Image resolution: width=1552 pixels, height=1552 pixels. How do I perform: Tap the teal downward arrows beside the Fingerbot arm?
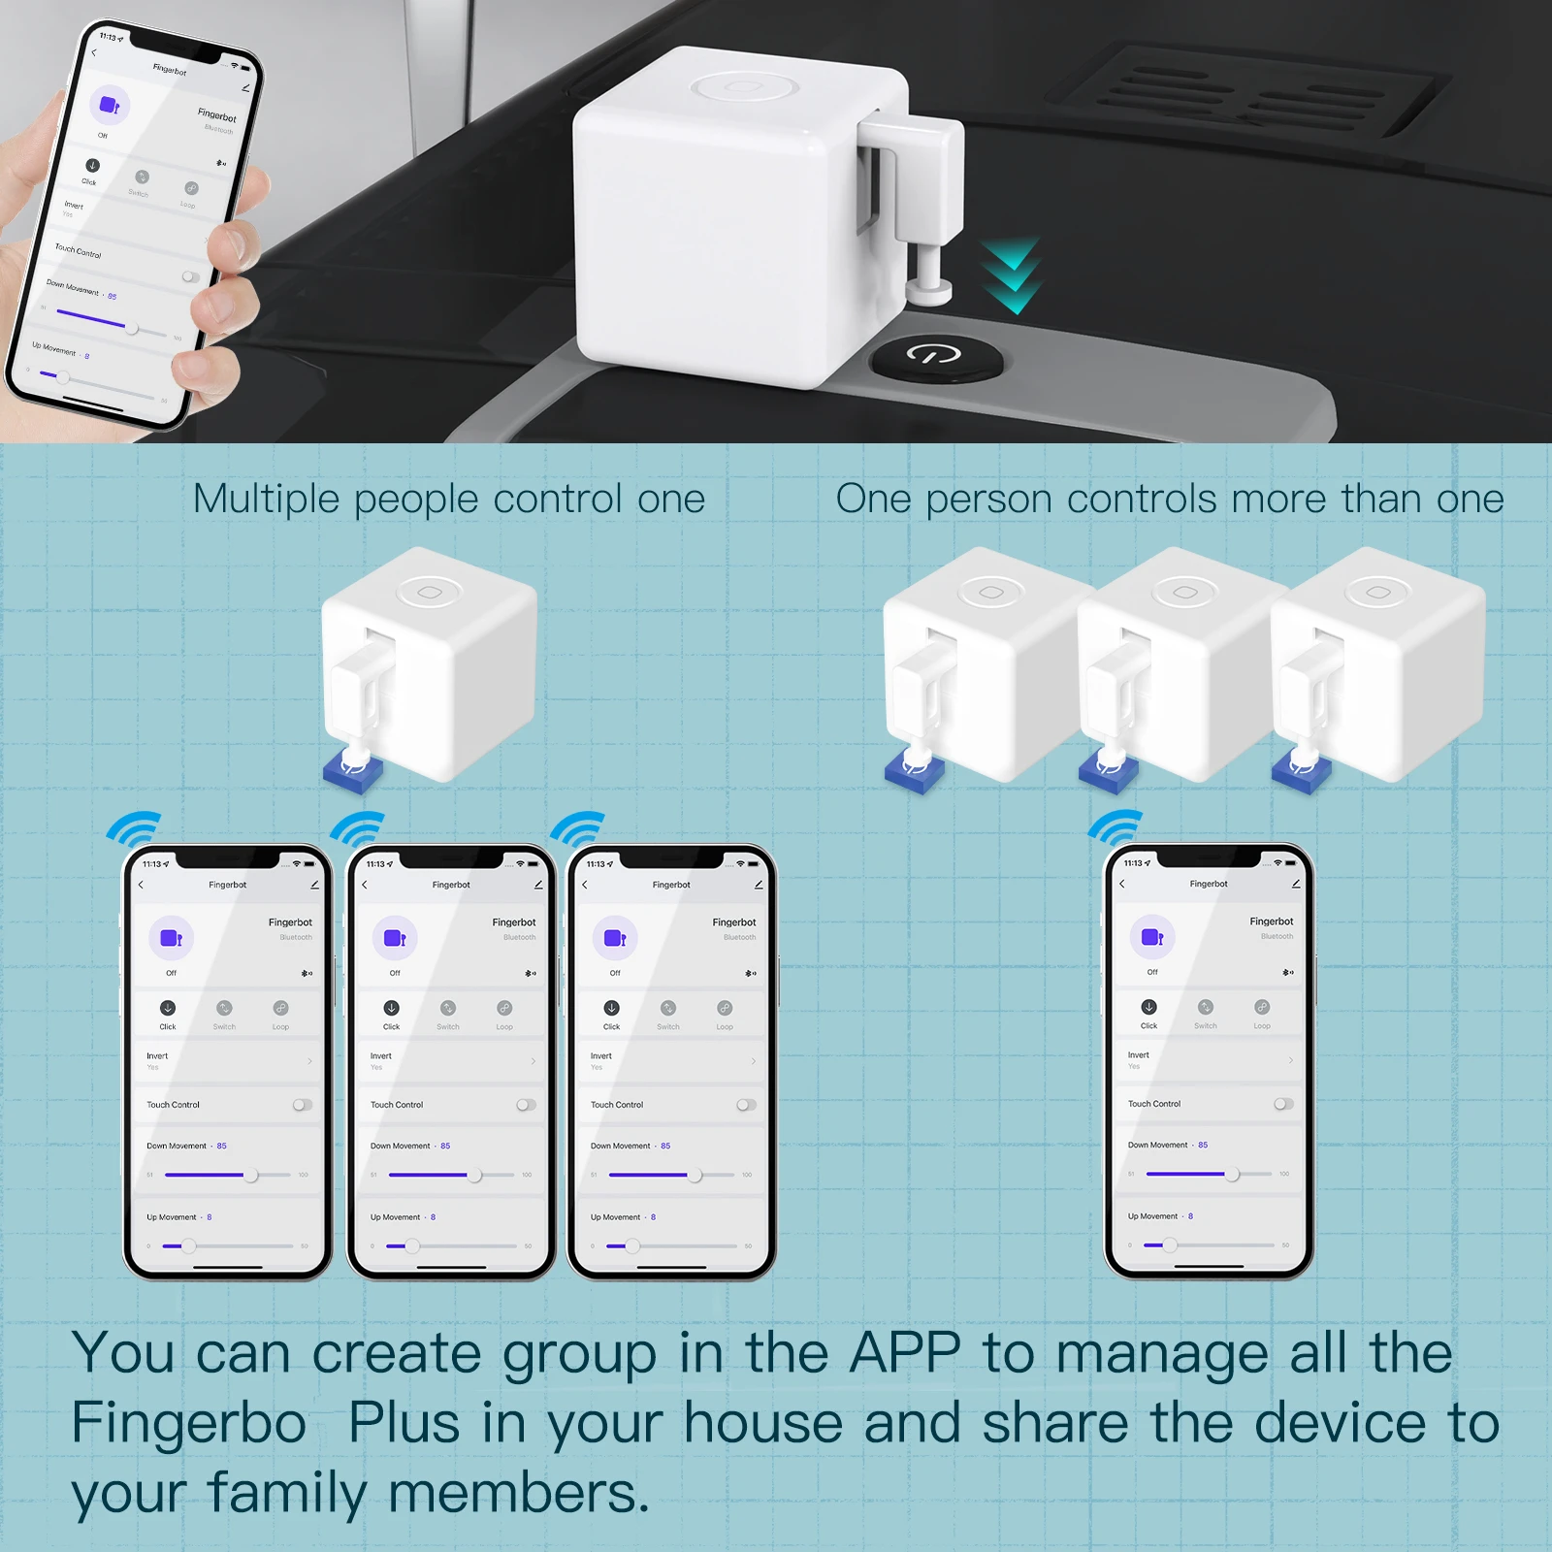click(1011, 275)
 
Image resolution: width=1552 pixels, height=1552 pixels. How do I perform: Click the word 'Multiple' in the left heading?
click(266, 501)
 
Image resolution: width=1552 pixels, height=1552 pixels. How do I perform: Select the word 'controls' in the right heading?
click(1141, 501)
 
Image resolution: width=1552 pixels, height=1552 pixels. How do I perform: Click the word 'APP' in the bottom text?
click(904, 1354)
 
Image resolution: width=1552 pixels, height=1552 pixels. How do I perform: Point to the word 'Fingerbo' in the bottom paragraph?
click(188, 1424)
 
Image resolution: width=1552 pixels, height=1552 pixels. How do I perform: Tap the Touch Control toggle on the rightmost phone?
click(1282, 1104)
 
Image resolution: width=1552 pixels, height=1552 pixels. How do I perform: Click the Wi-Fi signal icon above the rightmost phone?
click(1115, 827)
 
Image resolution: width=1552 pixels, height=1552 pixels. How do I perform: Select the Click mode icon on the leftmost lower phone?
click(168, 1009)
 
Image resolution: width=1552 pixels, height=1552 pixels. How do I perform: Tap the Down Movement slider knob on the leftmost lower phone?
click(251, 1175)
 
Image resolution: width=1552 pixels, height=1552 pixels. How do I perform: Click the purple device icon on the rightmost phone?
click(1152, 937)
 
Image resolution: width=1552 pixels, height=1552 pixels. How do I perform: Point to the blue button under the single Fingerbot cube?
click(353, 770)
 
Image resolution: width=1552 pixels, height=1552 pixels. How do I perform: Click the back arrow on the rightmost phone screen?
click(1122, 884)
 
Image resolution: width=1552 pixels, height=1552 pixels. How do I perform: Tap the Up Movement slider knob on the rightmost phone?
click(1170, 1245)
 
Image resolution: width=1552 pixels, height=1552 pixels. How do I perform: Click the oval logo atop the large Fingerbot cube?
click(744, 87)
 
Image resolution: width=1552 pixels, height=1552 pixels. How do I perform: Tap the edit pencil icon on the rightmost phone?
click(1296, 884)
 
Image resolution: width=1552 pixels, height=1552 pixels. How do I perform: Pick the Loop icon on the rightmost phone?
click(1261, 1008)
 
